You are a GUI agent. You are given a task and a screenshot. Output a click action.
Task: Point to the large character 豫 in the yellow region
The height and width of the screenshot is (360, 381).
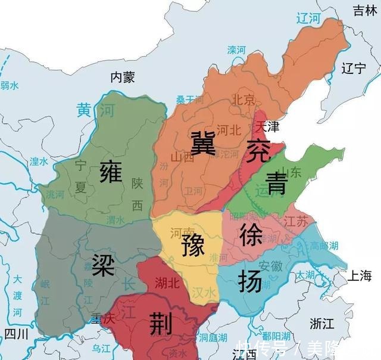190,244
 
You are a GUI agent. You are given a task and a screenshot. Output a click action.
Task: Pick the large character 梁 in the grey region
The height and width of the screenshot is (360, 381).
103,264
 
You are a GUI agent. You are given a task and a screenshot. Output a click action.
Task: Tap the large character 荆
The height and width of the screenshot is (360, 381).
160,323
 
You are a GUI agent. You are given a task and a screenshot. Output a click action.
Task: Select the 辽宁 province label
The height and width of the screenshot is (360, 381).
354,68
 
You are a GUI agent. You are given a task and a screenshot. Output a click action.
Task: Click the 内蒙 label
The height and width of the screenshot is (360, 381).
125,77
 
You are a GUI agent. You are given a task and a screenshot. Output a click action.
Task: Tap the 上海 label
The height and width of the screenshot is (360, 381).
361,275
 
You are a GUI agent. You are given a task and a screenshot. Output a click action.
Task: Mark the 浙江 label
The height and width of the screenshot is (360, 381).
321,323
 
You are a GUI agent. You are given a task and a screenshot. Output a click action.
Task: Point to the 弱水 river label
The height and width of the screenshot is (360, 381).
10,86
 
